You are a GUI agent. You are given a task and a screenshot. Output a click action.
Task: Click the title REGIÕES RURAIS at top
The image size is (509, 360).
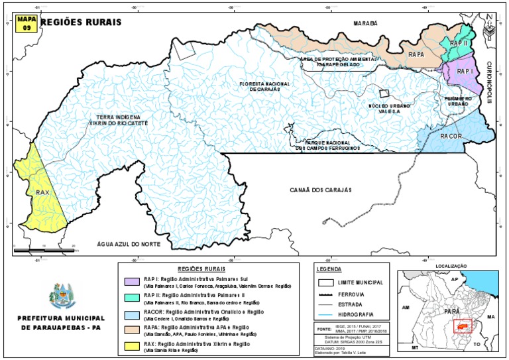click(81, 21)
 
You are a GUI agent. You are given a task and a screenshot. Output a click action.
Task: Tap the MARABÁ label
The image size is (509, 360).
click(364, 23)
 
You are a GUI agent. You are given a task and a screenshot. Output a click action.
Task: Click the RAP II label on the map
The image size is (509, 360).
click(459, 42)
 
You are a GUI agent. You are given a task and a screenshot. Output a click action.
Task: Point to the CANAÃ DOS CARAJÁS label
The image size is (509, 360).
click(319, 190)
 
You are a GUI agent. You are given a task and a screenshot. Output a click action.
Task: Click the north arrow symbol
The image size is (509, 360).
click(489, 25)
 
